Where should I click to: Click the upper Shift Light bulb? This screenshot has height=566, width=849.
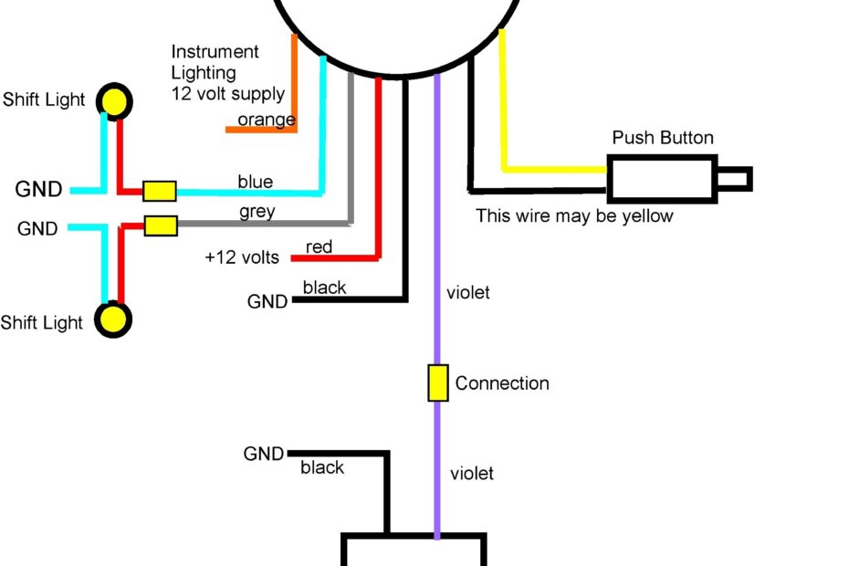(114, 100)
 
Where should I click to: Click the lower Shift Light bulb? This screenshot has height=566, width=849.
(114, 320)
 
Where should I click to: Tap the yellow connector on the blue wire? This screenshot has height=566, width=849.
(160, 191)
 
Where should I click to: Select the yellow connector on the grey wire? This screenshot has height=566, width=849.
(161, 225)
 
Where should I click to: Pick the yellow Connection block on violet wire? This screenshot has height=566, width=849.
(438, 383)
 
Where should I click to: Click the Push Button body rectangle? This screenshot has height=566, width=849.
(662, 178)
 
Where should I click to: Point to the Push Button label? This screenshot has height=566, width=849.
(663, 138)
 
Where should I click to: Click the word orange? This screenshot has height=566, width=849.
(266, 120)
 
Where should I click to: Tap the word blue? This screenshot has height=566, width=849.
(255, 182)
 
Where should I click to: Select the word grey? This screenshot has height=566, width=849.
(257, 212)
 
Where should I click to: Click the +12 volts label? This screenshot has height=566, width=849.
(242, 257)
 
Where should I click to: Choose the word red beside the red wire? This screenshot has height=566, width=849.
(319, 246)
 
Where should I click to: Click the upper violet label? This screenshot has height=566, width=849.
(468, 293)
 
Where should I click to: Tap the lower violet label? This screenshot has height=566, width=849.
(472, 473)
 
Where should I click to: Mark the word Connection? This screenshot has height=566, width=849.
(502, 383)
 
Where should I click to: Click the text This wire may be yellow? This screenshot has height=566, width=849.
(574, 216)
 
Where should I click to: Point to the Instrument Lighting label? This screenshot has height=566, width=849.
(215, 62)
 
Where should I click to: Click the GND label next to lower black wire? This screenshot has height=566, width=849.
(264, 454)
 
